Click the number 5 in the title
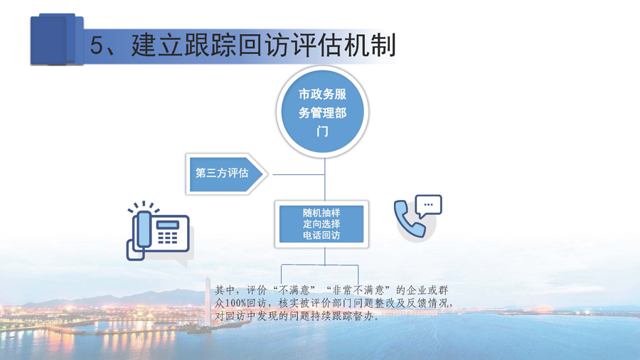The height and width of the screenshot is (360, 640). click(97, 46)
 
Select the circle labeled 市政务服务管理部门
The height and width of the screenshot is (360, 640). click(322, 112)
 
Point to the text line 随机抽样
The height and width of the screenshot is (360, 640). click(321, 213)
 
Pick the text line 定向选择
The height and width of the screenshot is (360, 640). click(321, 223)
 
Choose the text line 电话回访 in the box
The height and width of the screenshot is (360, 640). click(321, 235)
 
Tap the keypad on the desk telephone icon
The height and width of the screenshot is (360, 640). click(168, 238)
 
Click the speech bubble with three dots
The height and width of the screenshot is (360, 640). click(428, 206)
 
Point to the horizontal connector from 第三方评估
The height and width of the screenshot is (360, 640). click(299, 175)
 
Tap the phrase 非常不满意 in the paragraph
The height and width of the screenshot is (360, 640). click(358, 290)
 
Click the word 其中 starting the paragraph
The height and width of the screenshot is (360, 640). click(225, 290)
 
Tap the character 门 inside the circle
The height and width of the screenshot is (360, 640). click(322, 132)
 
